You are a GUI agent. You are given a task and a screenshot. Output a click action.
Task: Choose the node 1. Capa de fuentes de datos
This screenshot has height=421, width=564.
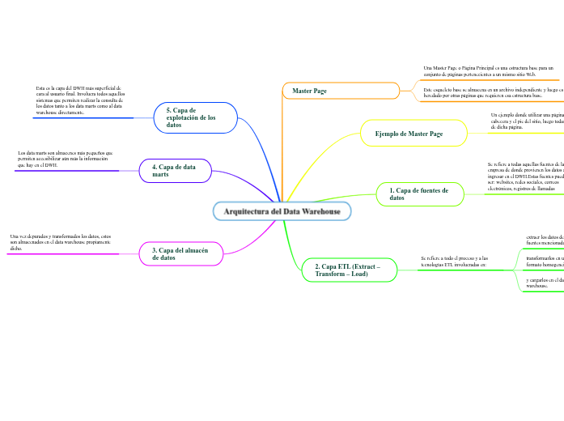coord(420,193)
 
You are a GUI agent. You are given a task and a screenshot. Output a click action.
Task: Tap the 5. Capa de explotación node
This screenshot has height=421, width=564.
coord(195,117)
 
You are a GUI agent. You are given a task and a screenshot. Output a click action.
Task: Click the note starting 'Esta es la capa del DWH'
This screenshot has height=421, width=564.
coord(79,100)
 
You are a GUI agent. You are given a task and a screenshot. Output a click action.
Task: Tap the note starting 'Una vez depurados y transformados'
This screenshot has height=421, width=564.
coord(61,242)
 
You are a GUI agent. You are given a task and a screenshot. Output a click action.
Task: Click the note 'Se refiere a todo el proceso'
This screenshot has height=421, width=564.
coord(454,261)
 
